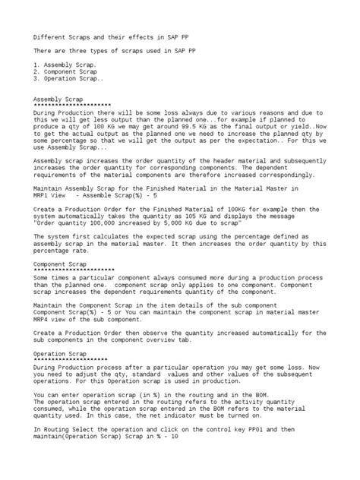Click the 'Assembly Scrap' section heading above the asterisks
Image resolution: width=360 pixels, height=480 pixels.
click(62, 99)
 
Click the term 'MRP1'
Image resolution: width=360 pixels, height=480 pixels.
click(44, 196)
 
